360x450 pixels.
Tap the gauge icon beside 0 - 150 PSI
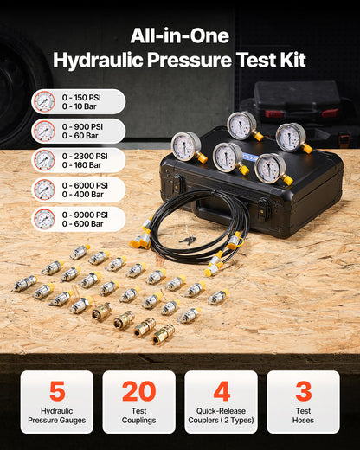pyautogui.click(x=44, y=101)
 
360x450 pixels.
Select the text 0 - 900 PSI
pyautogui.click(x=84, y=125)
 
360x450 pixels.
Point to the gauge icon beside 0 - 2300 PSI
pyautogui.click(x=44, y=160)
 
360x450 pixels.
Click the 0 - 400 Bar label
pyautogui.click(x=80, y=195)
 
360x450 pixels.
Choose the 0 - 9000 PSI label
pyautogui.click(x=86, y=214)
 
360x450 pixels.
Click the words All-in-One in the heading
pyautogui.click(x=179, y=36)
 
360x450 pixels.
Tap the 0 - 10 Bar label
pyautogui.click(x=79, y=106)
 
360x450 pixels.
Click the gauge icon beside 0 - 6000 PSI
pyautogui.click(x=44, y=190)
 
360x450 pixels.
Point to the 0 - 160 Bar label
pyautogui.click(x=80, y=165)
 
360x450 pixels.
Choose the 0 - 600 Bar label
pyautogui.click(x=80, y=224)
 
